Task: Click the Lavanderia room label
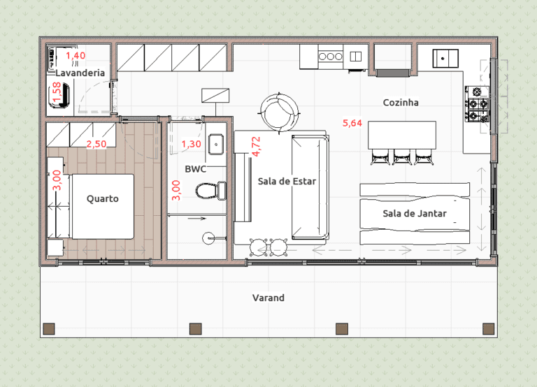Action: tap(80, 73)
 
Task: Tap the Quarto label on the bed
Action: tap(102, 199)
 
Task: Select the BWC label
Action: tap(196, 168)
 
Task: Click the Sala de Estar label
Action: tap(287, 181)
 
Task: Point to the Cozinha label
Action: tap(401, 102)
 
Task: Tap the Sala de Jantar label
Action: tap(415, 214)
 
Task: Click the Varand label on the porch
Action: tap(268, 298)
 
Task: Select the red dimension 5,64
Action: tap(352, 123)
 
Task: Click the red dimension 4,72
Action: tap(256, 147)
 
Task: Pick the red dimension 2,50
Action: tap(96, 144)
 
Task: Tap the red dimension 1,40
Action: tap(76, 55)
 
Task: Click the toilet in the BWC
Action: tap(210, 191)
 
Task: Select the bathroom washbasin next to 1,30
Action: tap(216, 145)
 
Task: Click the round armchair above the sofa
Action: tap(280, 112)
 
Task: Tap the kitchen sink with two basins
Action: tap(356, 57)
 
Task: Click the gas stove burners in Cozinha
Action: tap(477, 104)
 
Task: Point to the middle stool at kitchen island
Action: tap(402, 157)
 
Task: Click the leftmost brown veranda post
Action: tap(49, 329)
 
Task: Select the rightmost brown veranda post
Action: tap(488, 329)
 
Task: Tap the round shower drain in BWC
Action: tap(208, 238)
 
